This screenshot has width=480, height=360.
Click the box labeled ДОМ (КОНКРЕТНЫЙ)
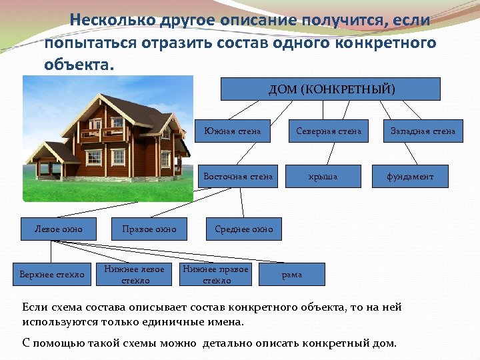pyautogui.click(x=331, y=89)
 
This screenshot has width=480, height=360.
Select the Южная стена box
pyautogui.click(x=232, y=131)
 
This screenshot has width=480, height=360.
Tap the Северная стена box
pyautogui.click(x=328, y=131)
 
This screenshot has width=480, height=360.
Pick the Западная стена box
pyautogui.click(x=423, y=131)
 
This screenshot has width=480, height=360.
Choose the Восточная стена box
pyautogui.click(x=238, y=177)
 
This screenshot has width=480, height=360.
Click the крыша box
pyautogui.click(x=323, y=177)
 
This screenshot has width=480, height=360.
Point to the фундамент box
pyautogui.click(x=411, y=177)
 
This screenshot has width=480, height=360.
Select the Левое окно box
pyautogui.click(x=59, y=229)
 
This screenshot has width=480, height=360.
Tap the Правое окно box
pyautogui.click(x=149, y=229)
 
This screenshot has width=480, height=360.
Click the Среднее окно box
pyautogui.click(x=244, y=229)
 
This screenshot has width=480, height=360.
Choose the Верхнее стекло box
pyautogui.click(x=52, y=275)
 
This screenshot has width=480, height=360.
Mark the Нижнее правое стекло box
pyautogui.click(x=216, y=275)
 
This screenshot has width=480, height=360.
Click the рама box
pyautogui.click(x=292, y=275)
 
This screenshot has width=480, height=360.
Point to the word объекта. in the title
pyautogui.click(x=79, y=65)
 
